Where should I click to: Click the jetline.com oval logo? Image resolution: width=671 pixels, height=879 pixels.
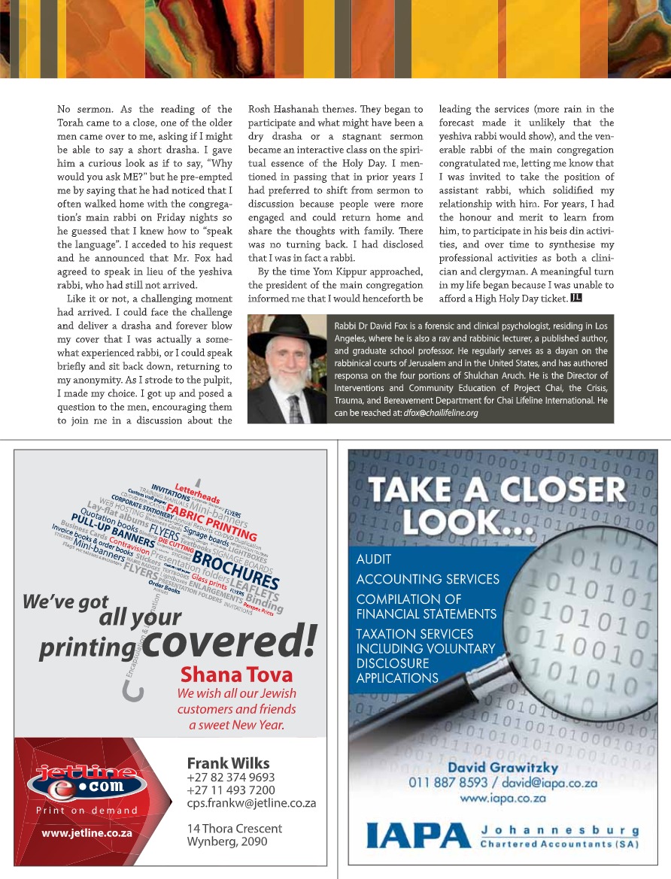(87, 780)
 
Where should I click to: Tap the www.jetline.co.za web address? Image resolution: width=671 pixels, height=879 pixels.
(87, 833)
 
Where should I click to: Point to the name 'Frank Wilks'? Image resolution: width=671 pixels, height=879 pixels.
(228, 762)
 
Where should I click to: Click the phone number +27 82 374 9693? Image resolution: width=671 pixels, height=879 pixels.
(230, 777)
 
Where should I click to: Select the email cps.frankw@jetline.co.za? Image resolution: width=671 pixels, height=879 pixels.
(251, 803)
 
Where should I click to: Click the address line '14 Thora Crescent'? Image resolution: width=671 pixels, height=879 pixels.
(234, 828)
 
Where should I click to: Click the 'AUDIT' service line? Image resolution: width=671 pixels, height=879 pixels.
(373, 559)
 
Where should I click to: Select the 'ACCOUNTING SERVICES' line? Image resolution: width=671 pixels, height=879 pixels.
(427, 579)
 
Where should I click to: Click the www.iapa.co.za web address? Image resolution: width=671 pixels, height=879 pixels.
(502, 798)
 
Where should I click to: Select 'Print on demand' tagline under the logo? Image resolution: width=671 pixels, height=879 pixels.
(87, 811)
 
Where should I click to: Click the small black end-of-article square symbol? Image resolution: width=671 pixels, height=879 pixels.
(576, 299)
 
